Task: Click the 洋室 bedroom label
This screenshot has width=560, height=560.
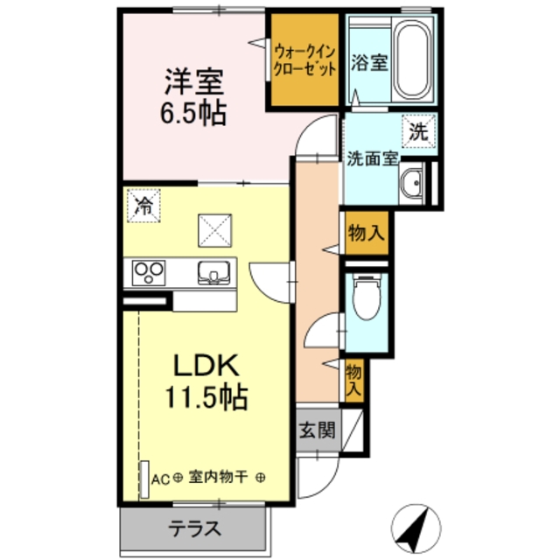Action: click(195, 82)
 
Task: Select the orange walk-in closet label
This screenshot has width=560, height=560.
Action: click(303, 59)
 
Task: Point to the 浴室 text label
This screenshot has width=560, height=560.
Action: click(369, 64)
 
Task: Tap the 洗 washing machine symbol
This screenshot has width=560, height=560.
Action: click(418, 133)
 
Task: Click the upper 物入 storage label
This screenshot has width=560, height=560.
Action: click(366, 234)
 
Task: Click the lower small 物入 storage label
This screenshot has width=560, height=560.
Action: click(353, 380)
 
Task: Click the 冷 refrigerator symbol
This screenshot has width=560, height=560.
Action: click(143, 206)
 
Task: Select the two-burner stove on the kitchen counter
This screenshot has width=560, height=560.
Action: click(150, 273)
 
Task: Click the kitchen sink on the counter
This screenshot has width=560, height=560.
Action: click(213, 273)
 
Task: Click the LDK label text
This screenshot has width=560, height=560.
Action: click(206, 365)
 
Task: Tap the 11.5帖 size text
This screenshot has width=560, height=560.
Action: click(206, 399)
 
